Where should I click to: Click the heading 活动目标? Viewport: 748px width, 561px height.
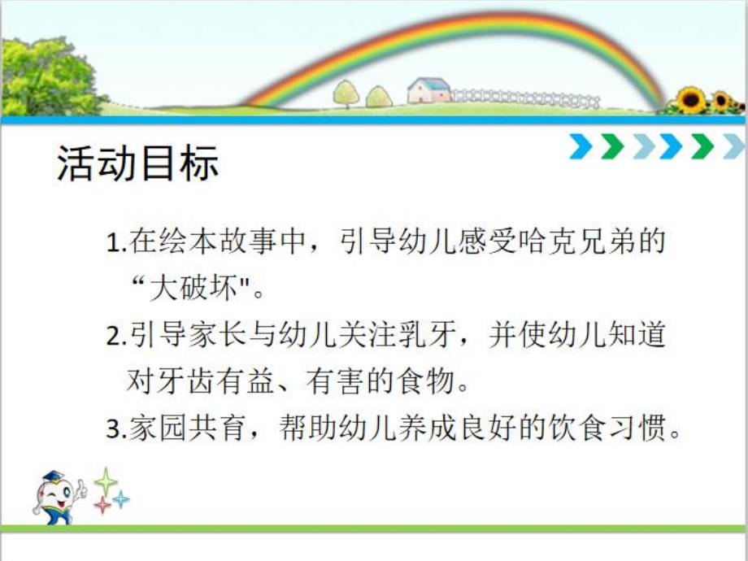(137, 163)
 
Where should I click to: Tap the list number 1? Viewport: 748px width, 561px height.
(113, 243)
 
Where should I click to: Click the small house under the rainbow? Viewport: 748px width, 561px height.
(428, 91)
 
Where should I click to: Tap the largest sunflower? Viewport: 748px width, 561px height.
(692, 100)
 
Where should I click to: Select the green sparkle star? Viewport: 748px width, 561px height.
(106, 481)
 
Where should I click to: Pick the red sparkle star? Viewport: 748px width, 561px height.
(103, 505)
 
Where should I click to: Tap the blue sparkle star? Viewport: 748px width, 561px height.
(121, 499)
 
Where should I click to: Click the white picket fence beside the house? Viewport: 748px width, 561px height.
(524, 98)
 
